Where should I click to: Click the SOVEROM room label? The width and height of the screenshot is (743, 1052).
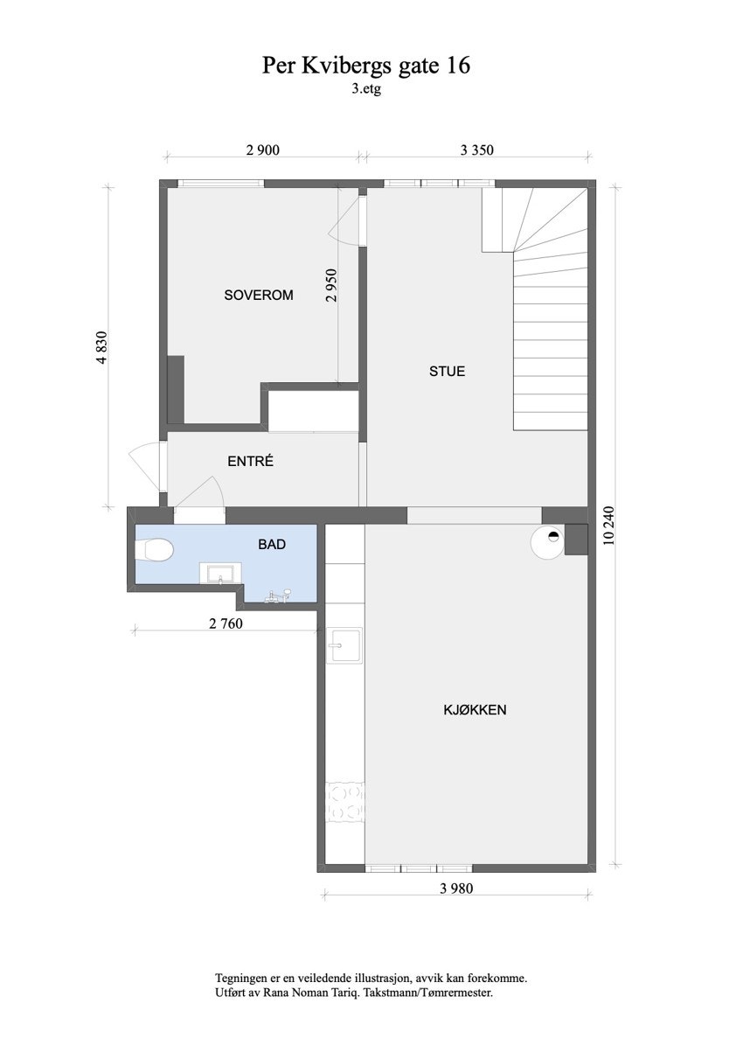point(258,296)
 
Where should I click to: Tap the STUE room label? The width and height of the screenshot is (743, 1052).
point(447,371)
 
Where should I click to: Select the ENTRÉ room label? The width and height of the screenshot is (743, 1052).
point(250,461)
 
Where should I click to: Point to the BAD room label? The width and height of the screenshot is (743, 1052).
point(272,544)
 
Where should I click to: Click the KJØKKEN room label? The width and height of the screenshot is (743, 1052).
point(475,710)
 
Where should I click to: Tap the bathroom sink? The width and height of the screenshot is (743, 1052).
point(219,574)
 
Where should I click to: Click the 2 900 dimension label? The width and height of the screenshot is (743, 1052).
point(262,150)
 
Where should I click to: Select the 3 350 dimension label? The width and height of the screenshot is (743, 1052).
point(477,150)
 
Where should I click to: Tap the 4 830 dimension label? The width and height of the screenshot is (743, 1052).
point(102,347)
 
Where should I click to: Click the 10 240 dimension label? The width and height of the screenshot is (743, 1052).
point(609,526)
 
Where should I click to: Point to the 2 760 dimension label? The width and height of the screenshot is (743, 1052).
point(225,624)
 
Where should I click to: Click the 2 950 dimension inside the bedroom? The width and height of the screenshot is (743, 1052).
point(330,284)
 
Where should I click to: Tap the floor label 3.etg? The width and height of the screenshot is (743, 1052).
point(367,87)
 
